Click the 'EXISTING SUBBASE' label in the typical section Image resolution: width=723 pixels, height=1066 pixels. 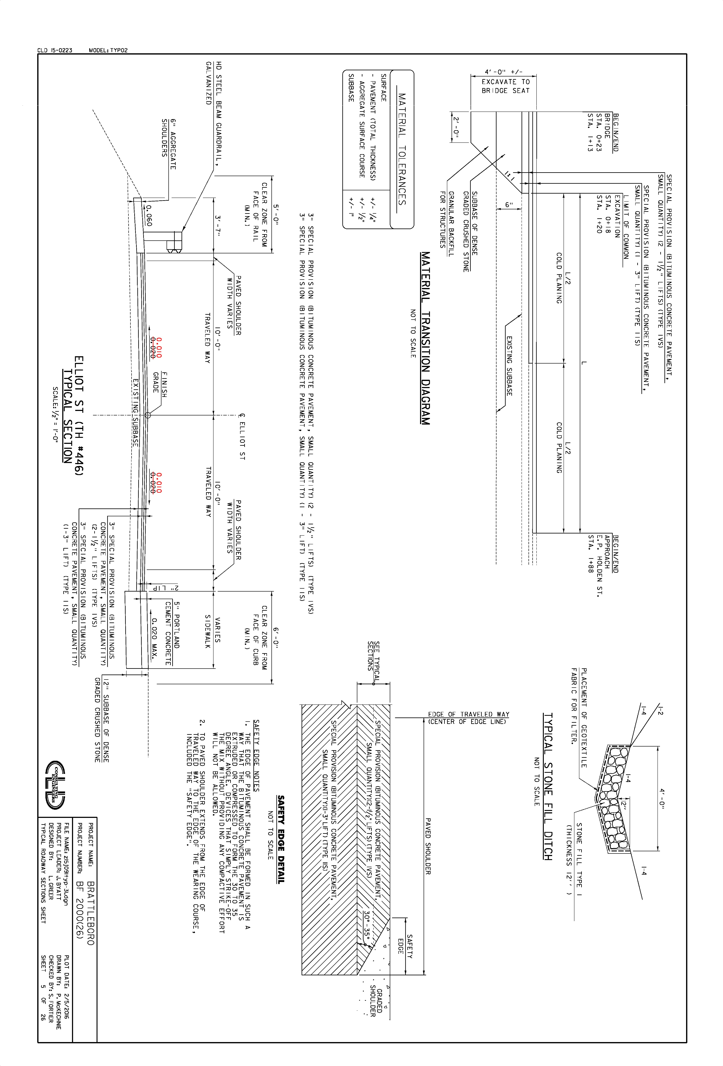point(135,412)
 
